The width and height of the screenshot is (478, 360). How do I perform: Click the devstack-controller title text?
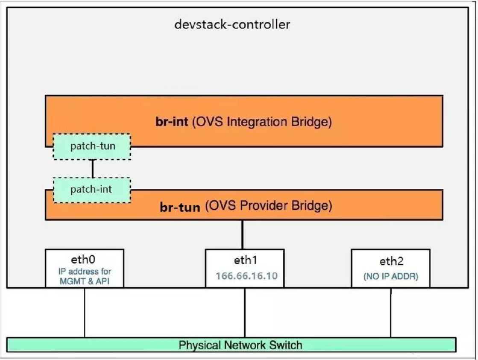(232, 24)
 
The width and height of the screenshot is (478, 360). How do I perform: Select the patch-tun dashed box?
(91, 147)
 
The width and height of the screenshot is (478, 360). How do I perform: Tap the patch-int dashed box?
(91, 189)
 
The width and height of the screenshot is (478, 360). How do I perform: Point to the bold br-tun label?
(180, 207)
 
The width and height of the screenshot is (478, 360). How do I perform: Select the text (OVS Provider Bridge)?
(268, 206)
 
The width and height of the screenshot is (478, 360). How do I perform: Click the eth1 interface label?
(245, 260)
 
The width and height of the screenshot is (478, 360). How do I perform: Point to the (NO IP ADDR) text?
(391, 276)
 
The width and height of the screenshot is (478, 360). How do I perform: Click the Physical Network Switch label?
(240, 345)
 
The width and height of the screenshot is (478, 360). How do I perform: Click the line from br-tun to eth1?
(243, 234)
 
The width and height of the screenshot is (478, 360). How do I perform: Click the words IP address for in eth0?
(85, 272)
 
